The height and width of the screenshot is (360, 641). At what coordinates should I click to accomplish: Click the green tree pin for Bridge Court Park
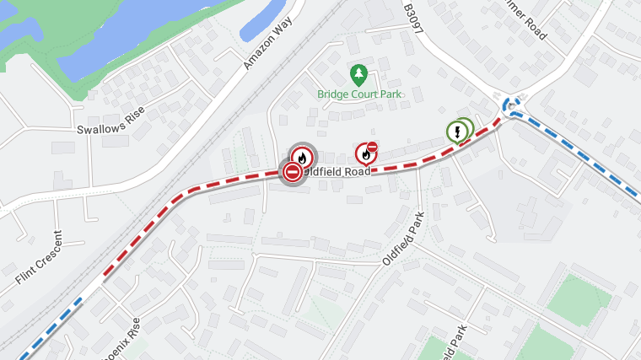tap(359, 76)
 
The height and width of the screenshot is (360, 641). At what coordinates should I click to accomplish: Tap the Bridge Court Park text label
tap(359, 94)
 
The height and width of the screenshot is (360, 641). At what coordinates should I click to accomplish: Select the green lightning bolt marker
tap(457, 132)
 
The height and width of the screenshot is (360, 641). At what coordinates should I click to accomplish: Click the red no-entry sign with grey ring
tap(292, 172)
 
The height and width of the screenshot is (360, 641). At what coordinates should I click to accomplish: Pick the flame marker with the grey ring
tap(302, 157)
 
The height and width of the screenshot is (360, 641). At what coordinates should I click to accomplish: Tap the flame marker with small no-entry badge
tap(365, 154)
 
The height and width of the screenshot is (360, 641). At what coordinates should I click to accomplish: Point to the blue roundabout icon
tap(509, 106)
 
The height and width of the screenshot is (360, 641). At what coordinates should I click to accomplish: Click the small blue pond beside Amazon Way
tap(267, 20)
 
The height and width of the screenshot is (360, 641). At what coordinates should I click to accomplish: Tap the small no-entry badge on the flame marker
tap(372, 147)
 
